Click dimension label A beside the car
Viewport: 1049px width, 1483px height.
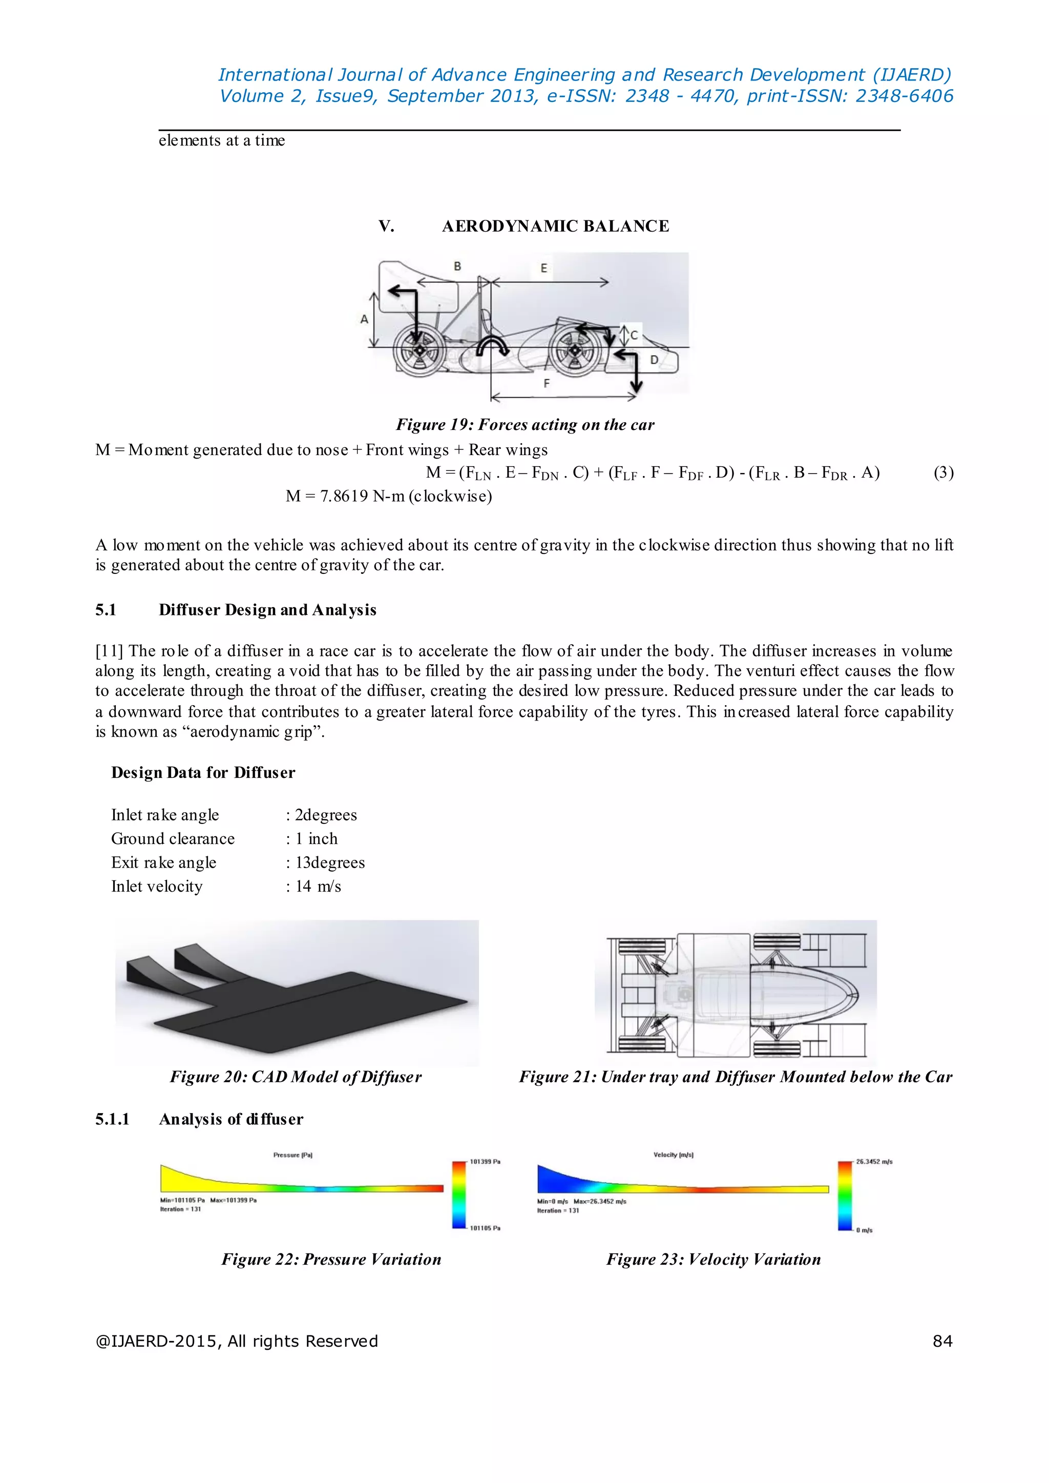(364, 319)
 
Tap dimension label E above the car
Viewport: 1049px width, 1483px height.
(544, 267)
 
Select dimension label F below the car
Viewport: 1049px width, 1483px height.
(547, 383)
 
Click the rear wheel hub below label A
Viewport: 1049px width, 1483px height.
(418, 349)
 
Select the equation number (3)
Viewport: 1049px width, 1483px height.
(943, 472)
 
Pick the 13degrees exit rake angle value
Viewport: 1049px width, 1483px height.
(329, 862)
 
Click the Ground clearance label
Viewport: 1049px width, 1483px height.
(173, 839)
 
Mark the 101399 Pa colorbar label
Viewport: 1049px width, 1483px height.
(485, 1162)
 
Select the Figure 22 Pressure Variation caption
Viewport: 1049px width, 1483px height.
(331, 1260)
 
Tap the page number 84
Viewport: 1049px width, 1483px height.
(942, 1342)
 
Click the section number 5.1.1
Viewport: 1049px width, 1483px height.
(112, 1119)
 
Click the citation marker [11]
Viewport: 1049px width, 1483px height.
(109, 651)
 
